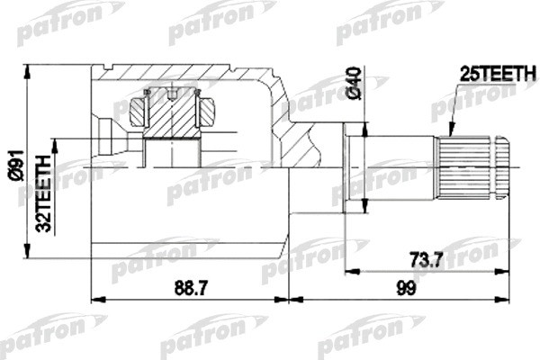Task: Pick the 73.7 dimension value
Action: click(425, 260)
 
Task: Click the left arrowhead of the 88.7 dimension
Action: click(95, 298)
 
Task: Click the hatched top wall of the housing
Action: click(180, 74)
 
